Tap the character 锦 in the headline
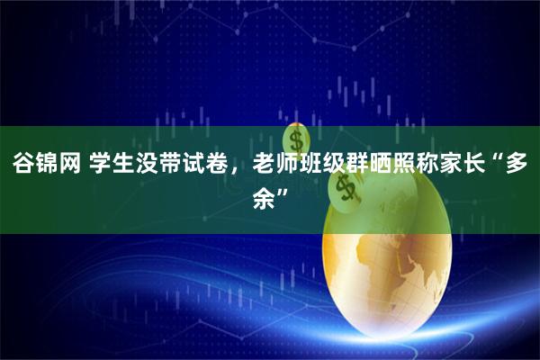51,166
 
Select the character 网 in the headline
79,166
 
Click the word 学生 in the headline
128,166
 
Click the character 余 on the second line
265,196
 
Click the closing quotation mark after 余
286,191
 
